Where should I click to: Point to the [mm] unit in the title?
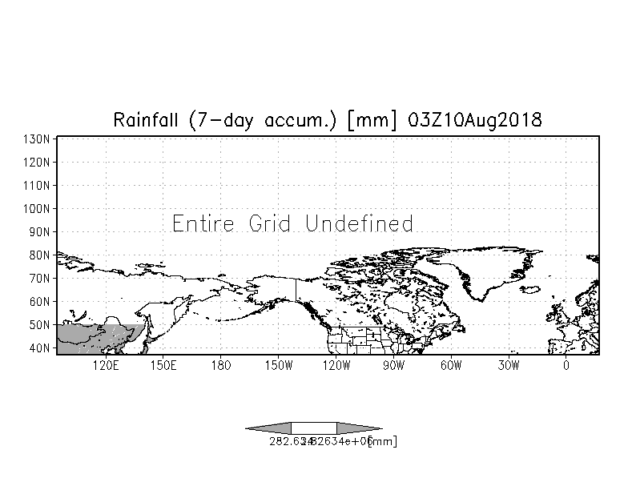374,120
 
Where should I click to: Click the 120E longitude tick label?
106,366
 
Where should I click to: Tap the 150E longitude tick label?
163,366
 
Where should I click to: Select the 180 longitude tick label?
221,366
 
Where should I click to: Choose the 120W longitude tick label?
336,366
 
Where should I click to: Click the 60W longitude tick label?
451,366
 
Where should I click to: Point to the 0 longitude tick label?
566,366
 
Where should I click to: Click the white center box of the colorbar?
313,428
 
